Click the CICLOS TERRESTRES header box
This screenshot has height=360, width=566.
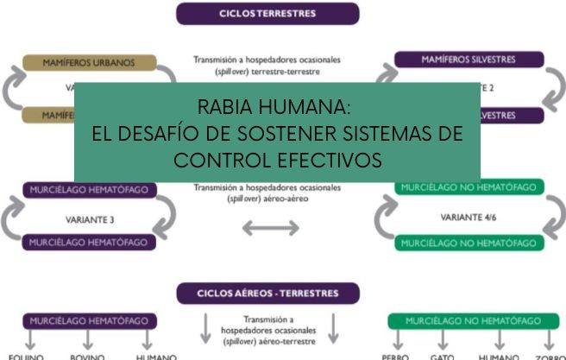click(x=267, y=14)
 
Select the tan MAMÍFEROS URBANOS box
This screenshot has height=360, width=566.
click(x=90, y=63)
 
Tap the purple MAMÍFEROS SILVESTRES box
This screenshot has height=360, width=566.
click(x=469, y=60)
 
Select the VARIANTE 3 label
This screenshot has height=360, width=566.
click(x=90, y=219)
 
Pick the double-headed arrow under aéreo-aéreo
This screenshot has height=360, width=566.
click(x=270, y=228)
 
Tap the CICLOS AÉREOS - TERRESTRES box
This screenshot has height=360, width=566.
click(x=267, y=294)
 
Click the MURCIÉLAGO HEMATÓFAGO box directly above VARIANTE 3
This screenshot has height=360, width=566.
click(x=90, y=190)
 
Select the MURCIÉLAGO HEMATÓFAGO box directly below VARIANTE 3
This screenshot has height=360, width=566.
click(x=90, y=243)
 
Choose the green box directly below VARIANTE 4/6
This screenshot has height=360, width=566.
click(x=470, y=243)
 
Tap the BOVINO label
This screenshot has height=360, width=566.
click(x=87, y=357)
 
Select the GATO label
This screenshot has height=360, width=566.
click(x=443, y=357)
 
